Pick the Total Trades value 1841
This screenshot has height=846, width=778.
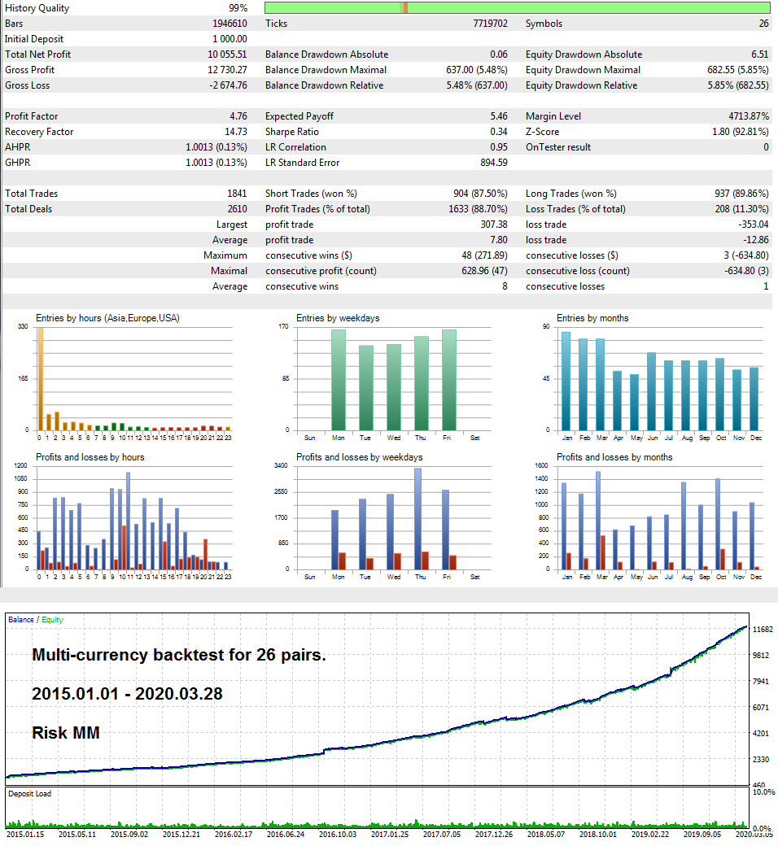coord(237,194)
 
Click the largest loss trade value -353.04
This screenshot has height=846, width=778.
coord(746,225)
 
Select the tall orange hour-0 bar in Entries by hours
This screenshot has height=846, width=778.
coord(39,378)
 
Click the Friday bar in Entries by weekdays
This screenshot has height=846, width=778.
coord(449,379)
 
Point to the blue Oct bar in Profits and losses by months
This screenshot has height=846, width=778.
coord(718,524)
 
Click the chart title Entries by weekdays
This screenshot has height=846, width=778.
coord(338,318)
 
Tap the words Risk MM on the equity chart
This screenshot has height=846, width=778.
coord(66,733)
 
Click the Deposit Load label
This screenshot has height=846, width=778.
coord(29,793)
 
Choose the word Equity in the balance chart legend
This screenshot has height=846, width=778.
coord(53,620)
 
